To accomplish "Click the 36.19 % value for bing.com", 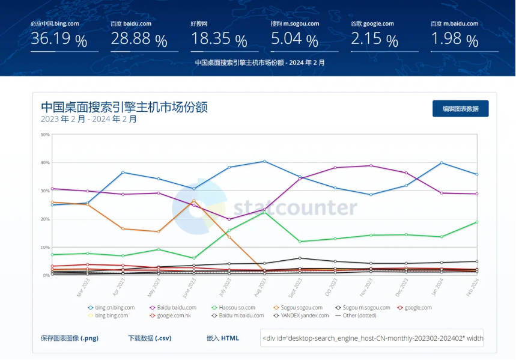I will (59, 40).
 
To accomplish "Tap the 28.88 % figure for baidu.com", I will (139, 40).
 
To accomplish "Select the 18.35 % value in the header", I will (219, 40).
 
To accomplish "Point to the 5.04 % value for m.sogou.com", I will (294, 40).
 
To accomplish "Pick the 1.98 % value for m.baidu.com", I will (454, 40).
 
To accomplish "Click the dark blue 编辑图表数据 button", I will (460, 109).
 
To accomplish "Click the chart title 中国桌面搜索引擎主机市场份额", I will (124, 107).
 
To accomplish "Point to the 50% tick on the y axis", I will (45, 135).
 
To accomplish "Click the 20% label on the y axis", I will (45, 219).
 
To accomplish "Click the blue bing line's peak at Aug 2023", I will (264, 161).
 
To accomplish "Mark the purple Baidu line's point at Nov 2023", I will (371, 165).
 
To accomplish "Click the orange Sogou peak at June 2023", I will (193, 200).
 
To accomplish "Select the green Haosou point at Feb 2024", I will (477, 222).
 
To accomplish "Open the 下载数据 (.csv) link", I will (150, 338).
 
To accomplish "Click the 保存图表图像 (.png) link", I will (70, 338).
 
